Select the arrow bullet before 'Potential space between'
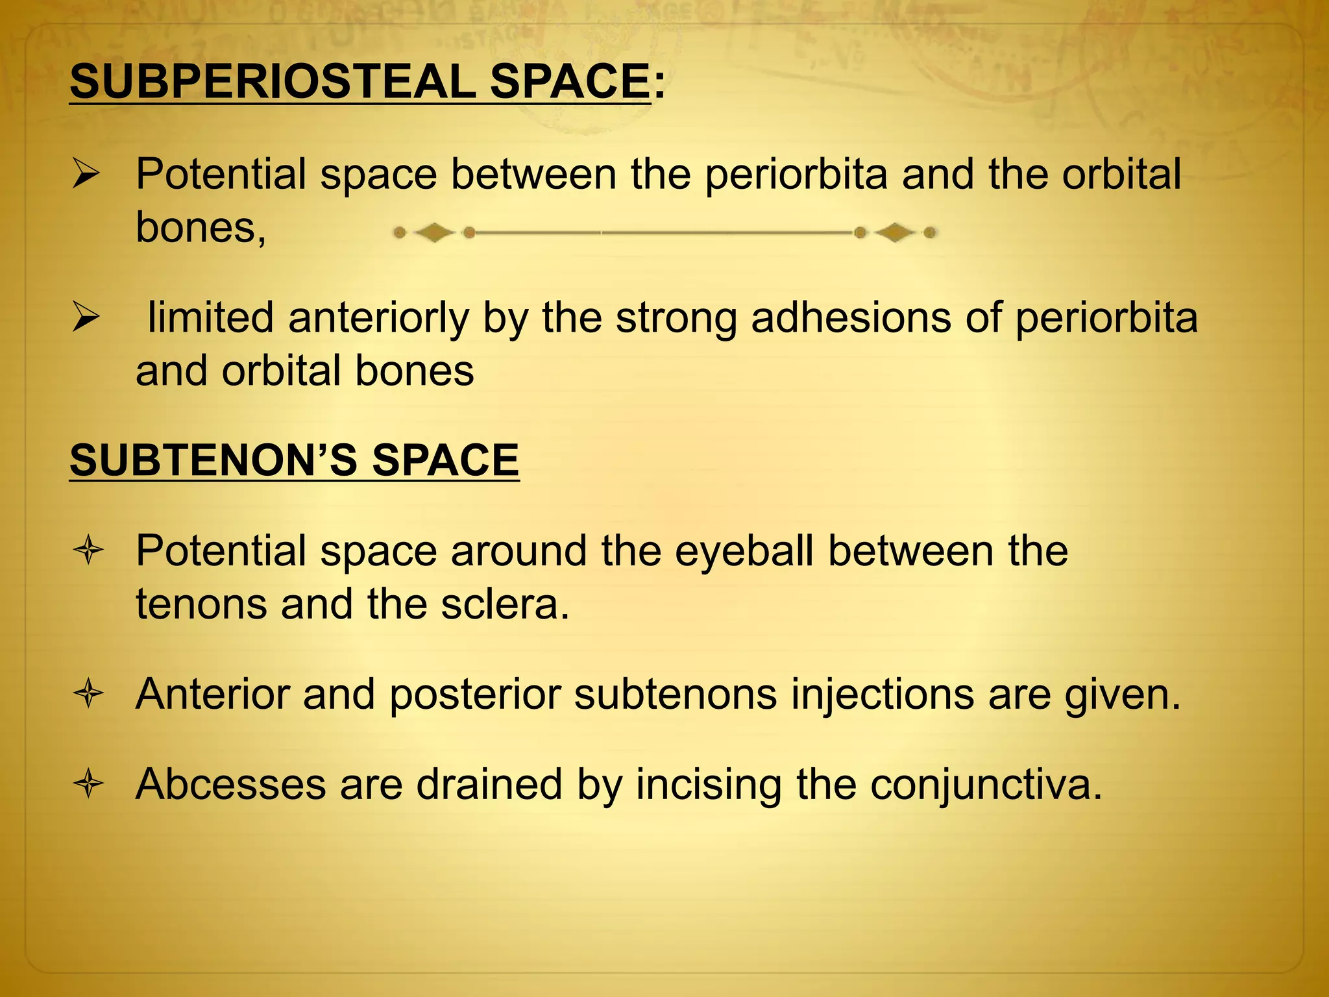[x=86, y=175]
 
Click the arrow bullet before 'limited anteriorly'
[x=86, y=318]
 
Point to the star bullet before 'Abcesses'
[x=88, y=785]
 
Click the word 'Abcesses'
[x=230, y=785]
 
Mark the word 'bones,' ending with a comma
[x=201, y=228]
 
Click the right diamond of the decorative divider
[x=895, y=232]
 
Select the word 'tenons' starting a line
[x=201, y=604]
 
